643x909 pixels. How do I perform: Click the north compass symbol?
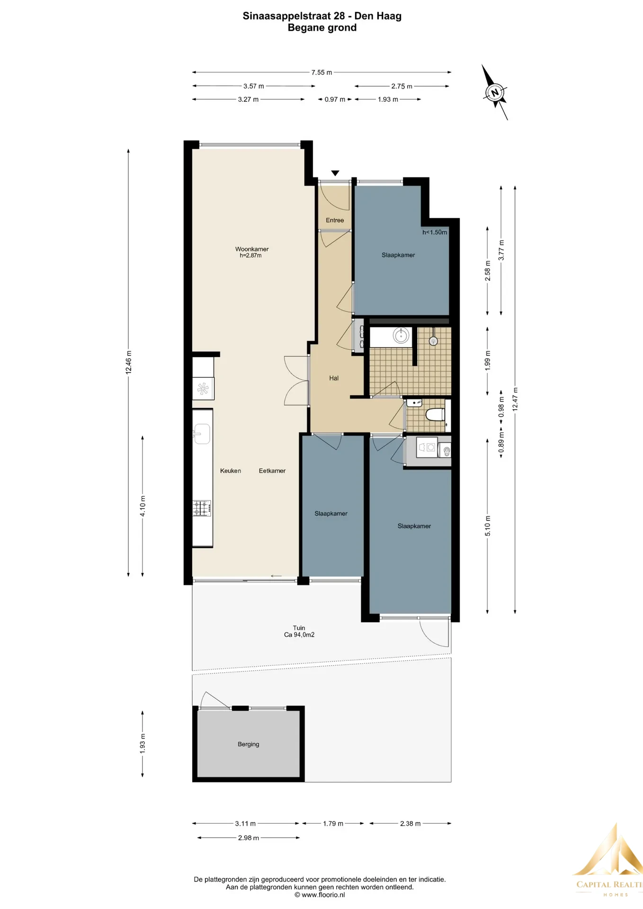click(x=495, y=92)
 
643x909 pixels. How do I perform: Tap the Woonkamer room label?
click(x=252, y=249)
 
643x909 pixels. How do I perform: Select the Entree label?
click(x=335, y=220)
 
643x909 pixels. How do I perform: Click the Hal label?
click(x=334, y=378)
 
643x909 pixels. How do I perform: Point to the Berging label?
click(x=248, y=744)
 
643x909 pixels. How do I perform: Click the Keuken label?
click(x=231, y=471)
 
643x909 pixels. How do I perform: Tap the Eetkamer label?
click(x=272, y=471)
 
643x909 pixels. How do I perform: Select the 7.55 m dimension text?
click(x=321, y=72)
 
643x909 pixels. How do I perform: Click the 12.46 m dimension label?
click(x=128, y=363)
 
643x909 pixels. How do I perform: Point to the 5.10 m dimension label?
click(x=488, y=526)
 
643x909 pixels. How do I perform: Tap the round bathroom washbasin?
click(x=401, y=336)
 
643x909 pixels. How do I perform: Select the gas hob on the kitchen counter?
click(x=202, y=508)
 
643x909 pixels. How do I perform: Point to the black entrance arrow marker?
click(x=335, y=173)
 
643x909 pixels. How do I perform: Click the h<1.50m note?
click(x=435, y=232)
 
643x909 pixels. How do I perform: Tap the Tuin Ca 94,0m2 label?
click(x=299, y=631)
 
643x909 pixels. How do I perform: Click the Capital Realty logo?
click(x=608, y=861)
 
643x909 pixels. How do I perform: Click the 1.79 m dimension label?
click(x=333, y=823)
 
